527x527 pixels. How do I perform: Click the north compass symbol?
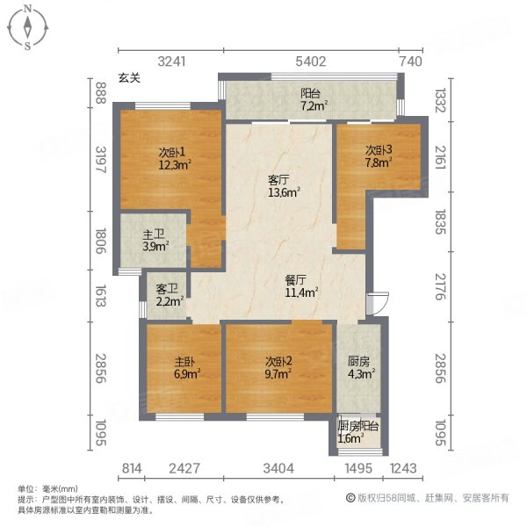pos(27,27)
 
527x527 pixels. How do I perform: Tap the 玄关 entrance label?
pos(129,78)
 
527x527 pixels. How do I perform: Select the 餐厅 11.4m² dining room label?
pos(300,286)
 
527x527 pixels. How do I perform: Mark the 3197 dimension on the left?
pos(101,161)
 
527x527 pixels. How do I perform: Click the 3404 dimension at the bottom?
pos(279,468)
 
